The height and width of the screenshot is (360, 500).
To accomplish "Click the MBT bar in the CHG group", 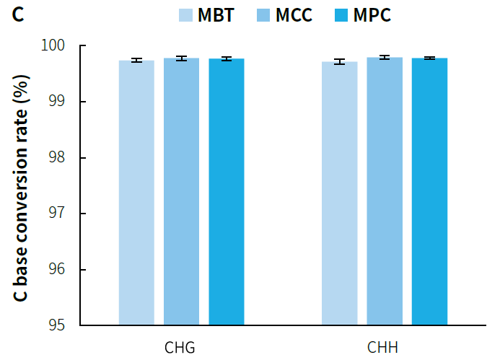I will (x=136, y=193).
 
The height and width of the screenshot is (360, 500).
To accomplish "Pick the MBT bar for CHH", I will (x=339, y=193).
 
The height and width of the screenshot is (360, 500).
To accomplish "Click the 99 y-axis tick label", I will (x=58, y=102).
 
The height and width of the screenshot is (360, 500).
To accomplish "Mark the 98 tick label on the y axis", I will (x=58, y=158).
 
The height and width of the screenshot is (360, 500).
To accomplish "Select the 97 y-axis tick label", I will (x=58, y=214).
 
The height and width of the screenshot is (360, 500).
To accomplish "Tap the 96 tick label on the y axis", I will (x=58, y=270).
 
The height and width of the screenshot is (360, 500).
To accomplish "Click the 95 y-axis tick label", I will (x=58, y=325).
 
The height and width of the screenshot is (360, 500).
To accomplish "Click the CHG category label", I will (x=180, y=348).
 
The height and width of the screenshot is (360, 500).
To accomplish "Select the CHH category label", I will (x=383, y=348).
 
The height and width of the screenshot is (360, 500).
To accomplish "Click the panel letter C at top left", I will (x=18, y=14).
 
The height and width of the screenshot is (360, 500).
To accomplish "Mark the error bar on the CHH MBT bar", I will (x=339, y=62).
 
